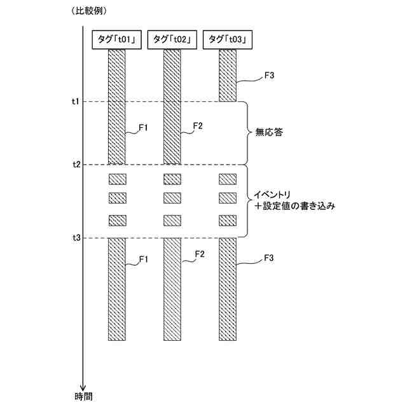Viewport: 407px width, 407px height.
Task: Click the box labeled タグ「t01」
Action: click(x=118, y=39)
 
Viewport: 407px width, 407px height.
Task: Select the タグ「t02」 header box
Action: click(x=172, y=39)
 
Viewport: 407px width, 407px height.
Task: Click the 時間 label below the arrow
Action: click(x=83, y=396)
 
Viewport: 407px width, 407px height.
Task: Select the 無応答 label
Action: click(x=268, y=134)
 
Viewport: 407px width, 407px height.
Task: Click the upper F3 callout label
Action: click(x=269, y=76)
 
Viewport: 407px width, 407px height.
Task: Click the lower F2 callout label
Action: click(x=199, y=254)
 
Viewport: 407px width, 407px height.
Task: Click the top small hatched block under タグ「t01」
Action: click(x=118, y=179)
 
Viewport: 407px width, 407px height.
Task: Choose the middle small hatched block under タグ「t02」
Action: click(x=172, y=197)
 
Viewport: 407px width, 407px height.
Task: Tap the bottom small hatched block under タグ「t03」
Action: click(x=228, y=221)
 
